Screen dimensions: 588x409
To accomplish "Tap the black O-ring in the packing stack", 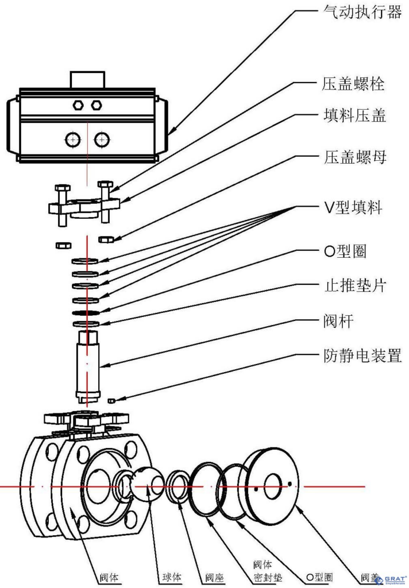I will coord(86,313).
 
